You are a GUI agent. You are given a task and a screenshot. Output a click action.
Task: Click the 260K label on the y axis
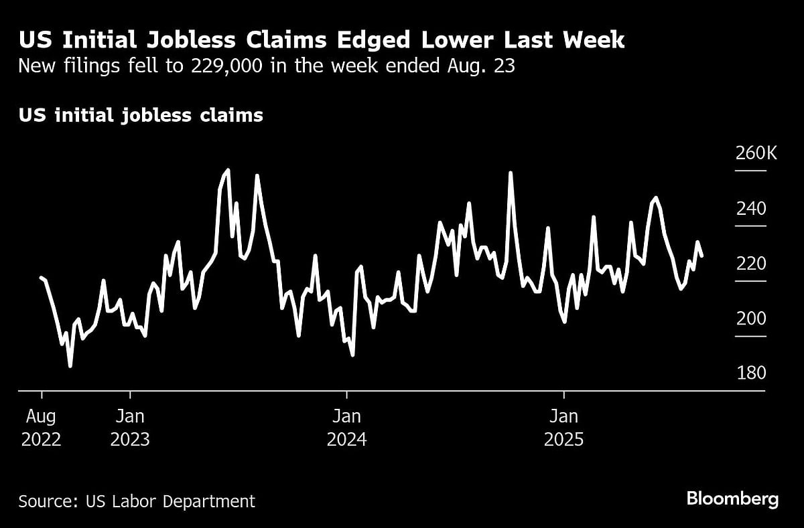coord(756,154)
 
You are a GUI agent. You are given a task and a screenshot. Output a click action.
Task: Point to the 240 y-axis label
coord(751,209)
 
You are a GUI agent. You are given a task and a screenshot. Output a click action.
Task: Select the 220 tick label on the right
coord(751,264)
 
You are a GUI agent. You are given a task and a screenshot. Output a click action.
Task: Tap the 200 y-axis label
coord(751,319)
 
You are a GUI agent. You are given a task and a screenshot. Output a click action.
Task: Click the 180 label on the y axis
coord(751,373)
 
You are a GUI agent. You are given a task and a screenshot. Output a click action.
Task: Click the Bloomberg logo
coord(732,499)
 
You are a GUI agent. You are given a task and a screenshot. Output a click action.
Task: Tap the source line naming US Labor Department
coord(137,501)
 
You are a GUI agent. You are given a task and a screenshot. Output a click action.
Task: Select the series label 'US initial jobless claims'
coord(141,116)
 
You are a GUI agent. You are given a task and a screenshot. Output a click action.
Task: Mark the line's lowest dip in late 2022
coord(70,366)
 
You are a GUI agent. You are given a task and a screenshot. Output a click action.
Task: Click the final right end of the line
coord(701,256)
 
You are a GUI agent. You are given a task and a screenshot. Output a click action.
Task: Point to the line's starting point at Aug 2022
coord(41,277)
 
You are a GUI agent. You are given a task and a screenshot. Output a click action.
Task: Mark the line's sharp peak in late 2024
coord(511,173)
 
